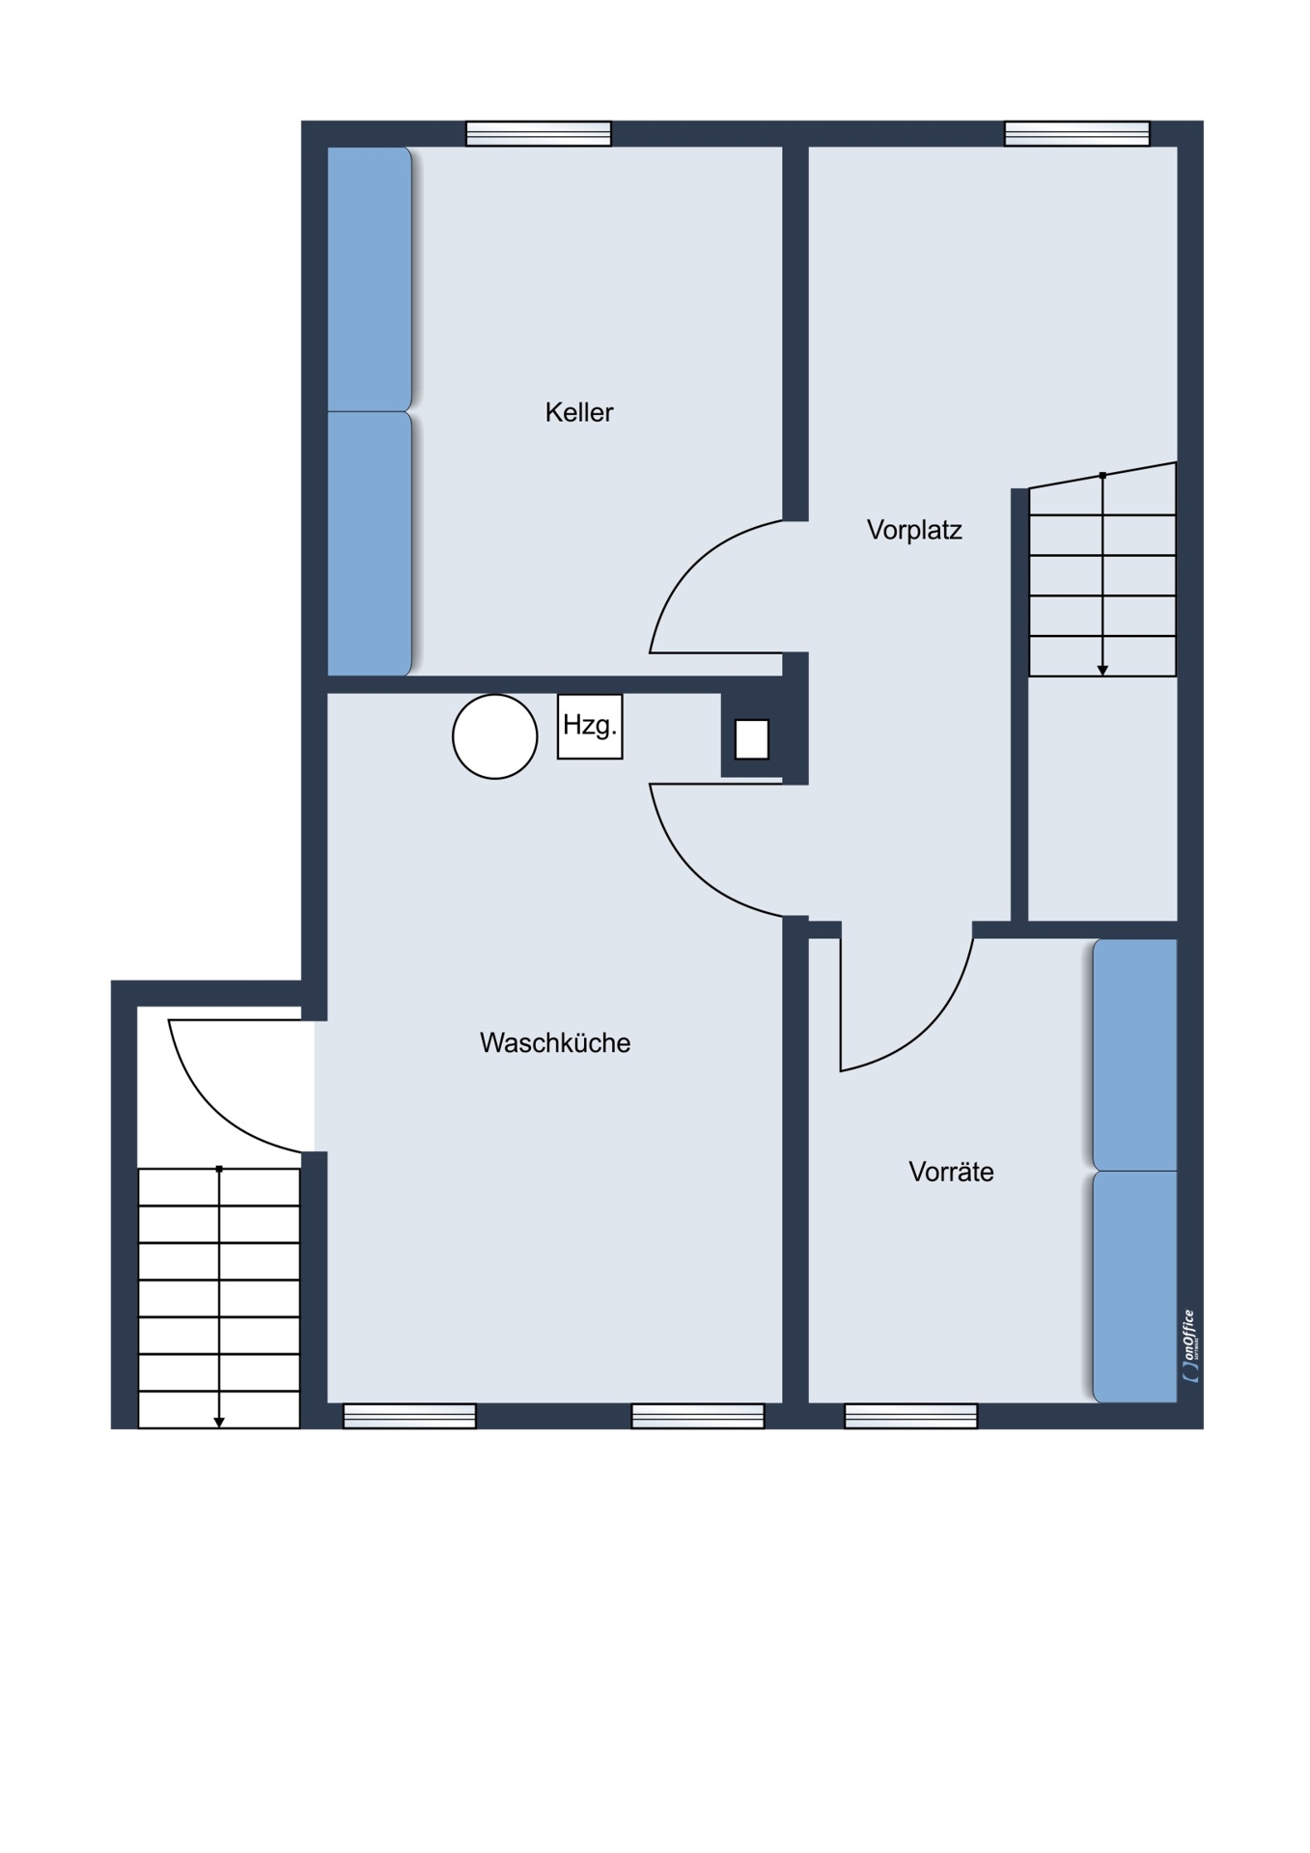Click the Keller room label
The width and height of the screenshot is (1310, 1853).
[x=579, y=412]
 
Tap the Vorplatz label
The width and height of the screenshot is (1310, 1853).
[x=914, y=530]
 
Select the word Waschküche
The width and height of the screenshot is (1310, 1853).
[x=555, y=1042]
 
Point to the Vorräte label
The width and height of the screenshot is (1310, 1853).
[x=951, y=1172]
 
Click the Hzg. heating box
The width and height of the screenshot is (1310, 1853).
[x=590, y=726]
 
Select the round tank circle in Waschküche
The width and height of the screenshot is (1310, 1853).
[x=495, y=736]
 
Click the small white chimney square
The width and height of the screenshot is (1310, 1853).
[x=752, y=739]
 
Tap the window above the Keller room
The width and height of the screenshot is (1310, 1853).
[x=539, y=133]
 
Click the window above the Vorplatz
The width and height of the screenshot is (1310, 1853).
[x=1077, y=133]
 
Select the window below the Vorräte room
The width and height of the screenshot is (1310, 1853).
[x=911, y=1416]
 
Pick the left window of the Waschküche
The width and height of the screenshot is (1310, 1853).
[x=410, y=1416]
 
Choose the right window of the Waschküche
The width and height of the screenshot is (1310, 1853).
[x=698, y=1416]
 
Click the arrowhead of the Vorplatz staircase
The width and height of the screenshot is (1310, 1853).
[x=1102, y=671]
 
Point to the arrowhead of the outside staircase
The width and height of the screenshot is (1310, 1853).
[x=219, y=1423]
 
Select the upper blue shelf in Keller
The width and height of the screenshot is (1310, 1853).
[x=370, y=279]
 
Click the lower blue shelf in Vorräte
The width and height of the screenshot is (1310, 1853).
[x=1135, y=1286]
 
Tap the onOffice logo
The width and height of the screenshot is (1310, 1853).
[x=1191, y=1345]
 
